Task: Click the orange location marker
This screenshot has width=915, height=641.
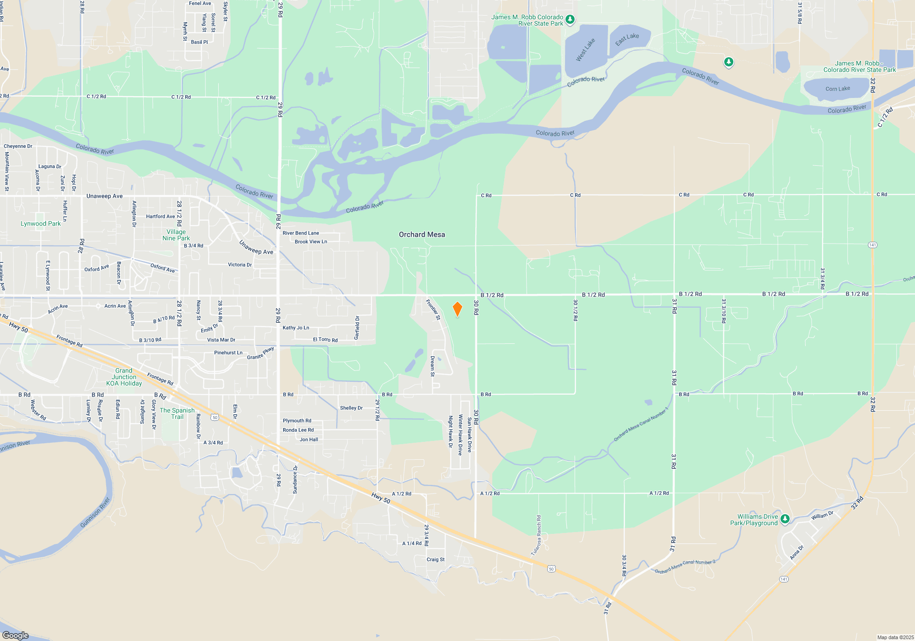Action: (x=457, y=309)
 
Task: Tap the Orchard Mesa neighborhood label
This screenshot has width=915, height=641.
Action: (x=422, y=234)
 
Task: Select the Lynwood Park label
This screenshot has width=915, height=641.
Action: (x=40, y=223)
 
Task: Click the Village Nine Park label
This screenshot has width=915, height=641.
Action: (x=176, y=235)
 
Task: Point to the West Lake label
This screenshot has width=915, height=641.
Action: (x=585, y=49)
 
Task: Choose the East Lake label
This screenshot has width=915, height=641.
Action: (x=627, y=39)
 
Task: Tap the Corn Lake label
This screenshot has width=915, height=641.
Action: (x=838, y=89)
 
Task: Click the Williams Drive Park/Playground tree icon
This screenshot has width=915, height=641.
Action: (x=785, y=519)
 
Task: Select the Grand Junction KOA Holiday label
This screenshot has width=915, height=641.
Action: (x=124, y=377)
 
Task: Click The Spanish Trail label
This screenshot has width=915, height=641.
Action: (x=177, y=413)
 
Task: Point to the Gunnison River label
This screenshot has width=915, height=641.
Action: (x=95, y=512)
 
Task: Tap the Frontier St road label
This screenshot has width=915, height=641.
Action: (x=433, y=310)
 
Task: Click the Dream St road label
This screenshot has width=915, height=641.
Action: (x=432, y=366)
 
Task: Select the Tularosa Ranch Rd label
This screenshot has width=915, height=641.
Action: (x=536, y=535)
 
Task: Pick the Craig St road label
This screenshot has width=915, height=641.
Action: (x=436, y=560)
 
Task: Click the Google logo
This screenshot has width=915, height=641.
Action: (x=16, y=635)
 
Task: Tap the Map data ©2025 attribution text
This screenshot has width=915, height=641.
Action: (x=895, y=637)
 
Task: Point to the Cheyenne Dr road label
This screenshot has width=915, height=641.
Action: (x=18, y=146)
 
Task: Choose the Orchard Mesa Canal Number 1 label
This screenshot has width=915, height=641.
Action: (x=640, y=425)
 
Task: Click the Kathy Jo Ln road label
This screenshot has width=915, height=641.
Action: (x=296, y=327)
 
